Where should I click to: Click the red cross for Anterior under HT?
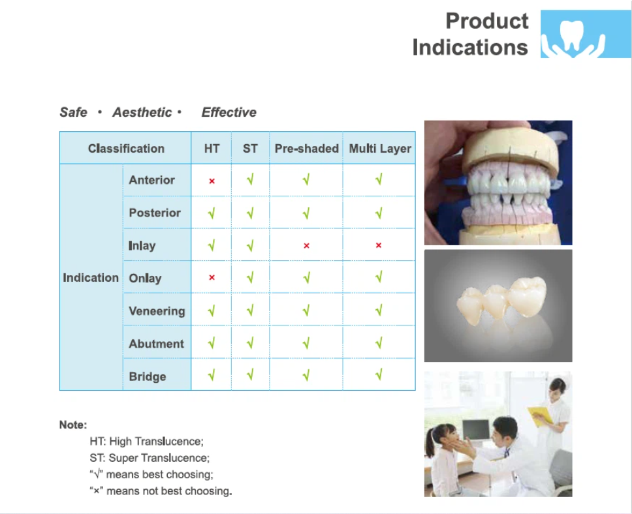click(x=212, y=181)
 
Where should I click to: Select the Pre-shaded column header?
click(x=306, y=149)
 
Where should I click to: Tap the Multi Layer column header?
click(x=380, y=149)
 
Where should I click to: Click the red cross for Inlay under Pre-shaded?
click(x=306, y=246)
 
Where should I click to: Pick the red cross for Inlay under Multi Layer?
click(x=379, y=245)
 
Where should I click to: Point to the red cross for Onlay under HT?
click(x=212, y=277)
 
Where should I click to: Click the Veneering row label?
click(x=157, y=311)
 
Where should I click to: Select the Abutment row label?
click(x=157, y=344)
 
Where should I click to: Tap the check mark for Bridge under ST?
click(x=250, y=375)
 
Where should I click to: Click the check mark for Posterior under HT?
click(x=212, y=213)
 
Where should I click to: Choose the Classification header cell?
click(x=126, y=149)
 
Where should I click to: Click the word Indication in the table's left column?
click(x=91, y=277)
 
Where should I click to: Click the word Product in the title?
click(x=487, y=21)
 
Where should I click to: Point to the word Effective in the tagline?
click(x=229, y=112)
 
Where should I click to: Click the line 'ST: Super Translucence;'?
click(x=150, y=458)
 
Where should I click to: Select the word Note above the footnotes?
click(x=73, y=425)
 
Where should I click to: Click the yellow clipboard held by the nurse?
click(x=540, y=416)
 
